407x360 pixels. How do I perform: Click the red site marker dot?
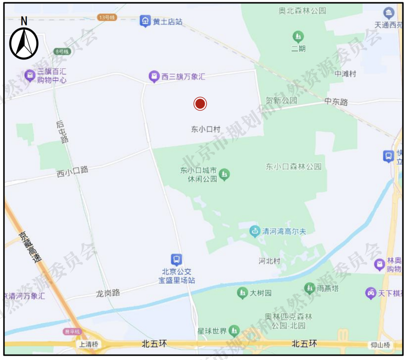pos(200,104)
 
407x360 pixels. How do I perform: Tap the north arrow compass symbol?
pos(24,42)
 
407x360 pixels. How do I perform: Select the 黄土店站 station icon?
pos(145,20)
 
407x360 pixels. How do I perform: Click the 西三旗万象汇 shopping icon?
pos(154,77)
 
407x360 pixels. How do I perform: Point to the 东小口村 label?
pos(206,130)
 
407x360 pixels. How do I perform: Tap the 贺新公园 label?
pos(282,101)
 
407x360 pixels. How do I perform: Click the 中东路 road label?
pos(336,102)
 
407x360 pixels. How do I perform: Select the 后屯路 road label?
pos(62,132)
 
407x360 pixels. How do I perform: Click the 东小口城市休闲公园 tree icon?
pos(224,174)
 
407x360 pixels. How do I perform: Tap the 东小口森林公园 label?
pos(293,167)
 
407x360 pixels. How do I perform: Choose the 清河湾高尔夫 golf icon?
pos(255,231)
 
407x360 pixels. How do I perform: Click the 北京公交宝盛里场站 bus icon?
pos(176,259)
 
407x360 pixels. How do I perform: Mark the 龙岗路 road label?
pos(108,293)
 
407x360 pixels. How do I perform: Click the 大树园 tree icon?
pos(243,293)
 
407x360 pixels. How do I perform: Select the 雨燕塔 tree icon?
pos(309,288)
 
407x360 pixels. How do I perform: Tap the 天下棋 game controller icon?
pos(371,293)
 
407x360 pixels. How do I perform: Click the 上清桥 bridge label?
pos(89,345)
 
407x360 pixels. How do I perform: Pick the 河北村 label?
pos(270,261)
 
